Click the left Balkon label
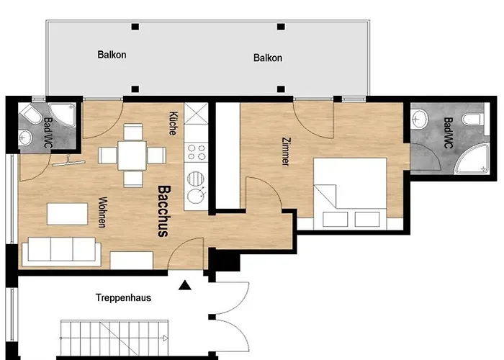pos(112,54)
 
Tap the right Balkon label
pos(268,58)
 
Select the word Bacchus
pos(163,211)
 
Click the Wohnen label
pos(102,212)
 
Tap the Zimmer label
pos(286,152)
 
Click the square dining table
pos(131,154)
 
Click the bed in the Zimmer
pos(351,191)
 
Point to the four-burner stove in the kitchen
pos(195,153)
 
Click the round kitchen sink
pos(194,195)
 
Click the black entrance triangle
pos(185,286)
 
